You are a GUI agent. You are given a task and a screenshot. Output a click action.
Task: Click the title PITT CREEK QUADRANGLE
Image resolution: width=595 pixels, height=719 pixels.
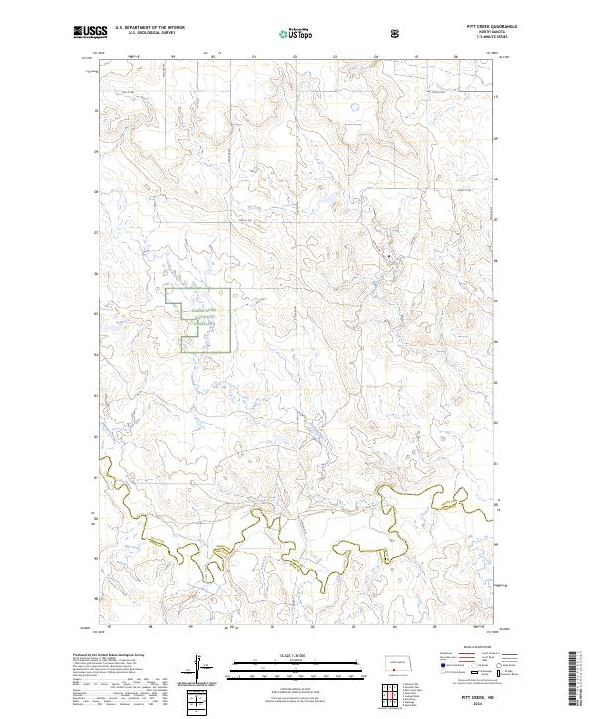pos(478,27)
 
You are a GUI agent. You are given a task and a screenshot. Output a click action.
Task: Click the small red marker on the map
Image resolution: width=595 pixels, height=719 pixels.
pos(389,261)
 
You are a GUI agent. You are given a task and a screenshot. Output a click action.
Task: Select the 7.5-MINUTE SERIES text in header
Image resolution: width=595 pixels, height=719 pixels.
pos(478,38)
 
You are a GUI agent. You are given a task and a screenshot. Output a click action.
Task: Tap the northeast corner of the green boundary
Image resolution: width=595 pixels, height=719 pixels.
pos(231,289)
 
